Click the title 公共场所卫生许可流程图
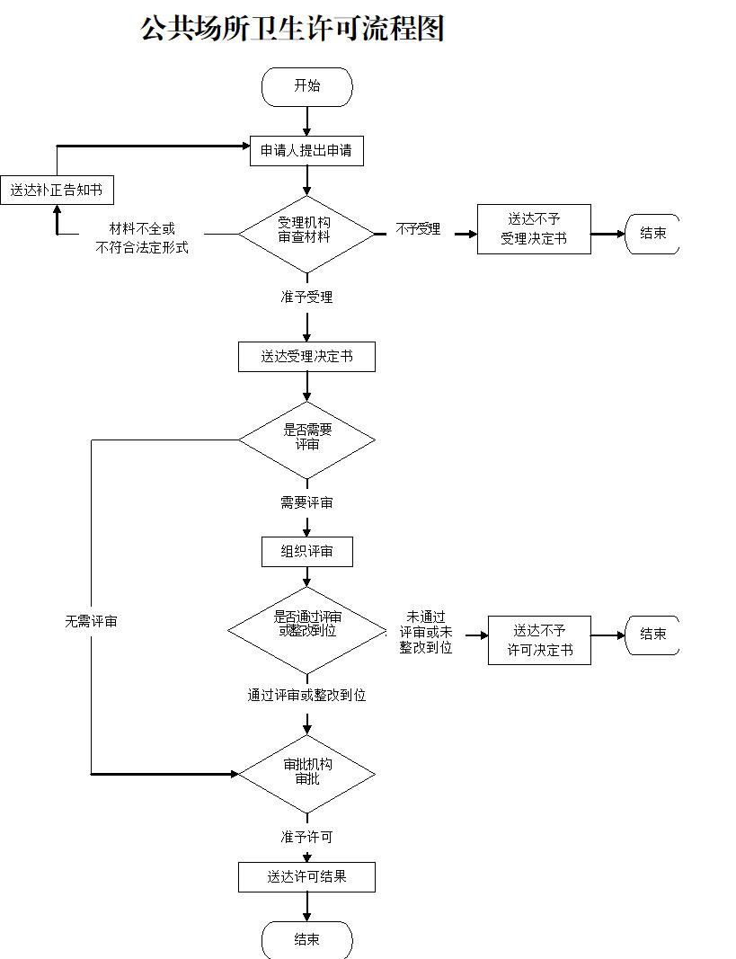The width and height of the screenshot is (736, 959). pos(293,29)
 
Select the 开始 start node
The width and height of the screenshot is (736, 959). pos(306,87)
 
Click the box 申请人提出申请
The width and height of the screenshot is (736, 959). pos(306,152)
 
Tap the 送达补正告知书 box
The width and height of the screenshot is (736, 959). pos(57,191)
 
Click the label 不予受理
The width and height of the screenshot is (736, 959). pos(418,229)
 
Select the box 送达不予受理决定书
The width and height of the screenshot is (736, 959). pos(534,229)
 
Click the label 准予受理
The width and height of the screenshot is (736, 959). pos(306,297)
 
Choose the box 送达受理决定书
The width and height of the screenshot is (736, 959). pos(306,357)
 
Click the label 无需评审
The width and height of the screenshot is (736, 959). pos(91,621)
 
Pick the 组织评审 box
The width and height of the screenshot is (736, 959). pos(306,552)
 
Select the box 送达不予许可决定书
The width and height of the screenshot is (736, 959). pos(539,640)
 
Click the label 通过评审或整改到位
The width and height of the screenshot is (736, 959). pos(306,695)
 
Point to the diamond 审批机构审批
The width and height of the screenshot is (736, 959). pos(306,773)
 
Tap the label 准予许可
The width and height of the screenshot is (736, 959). pos(306,837)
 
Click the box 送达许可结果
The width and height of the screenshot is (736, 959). pos(306,877)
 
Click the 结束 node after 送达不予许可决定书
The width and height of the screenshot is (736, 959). pos(652,635)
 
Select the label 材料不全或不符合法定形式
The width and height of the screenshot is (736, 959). pos(142,238)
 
